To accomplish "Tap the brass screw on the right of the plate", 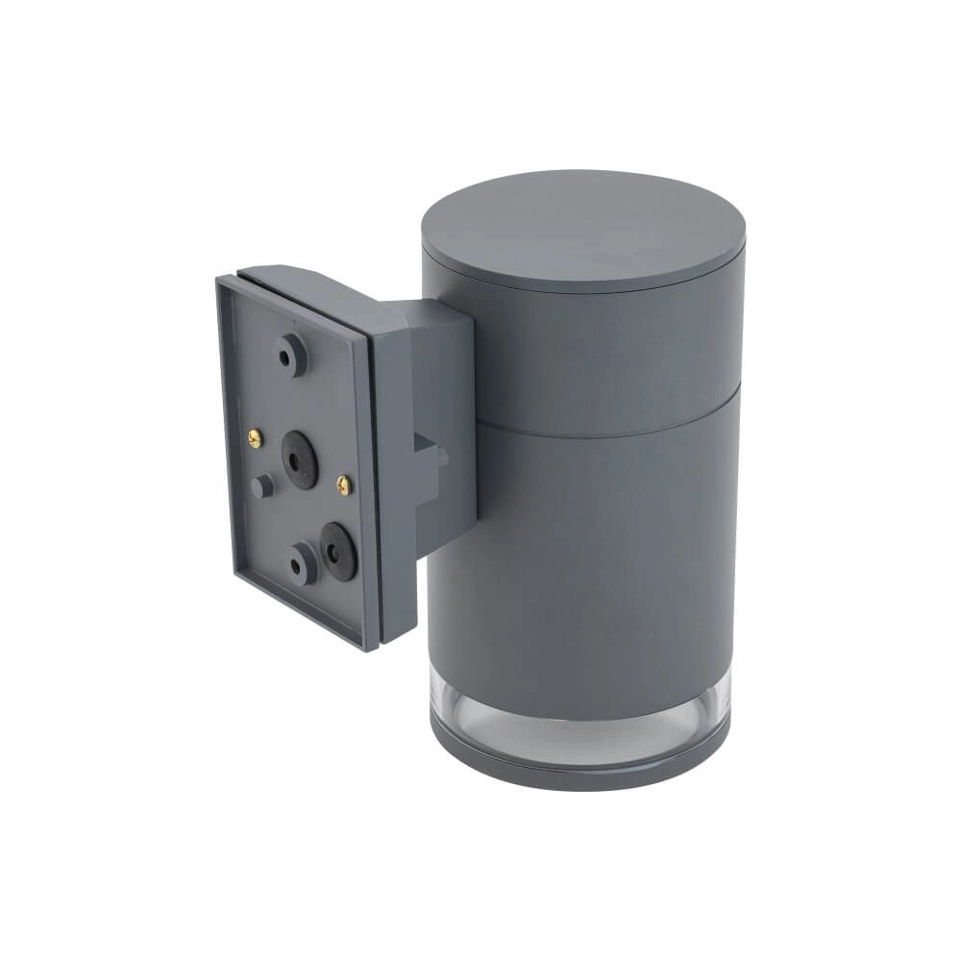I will tap(344, 484).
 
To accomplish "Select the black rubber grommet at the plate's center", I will tap(300, 460).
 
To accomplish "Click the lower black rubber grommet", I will tap(338, 551).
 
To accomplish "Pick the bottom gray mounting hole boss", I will tap(301, 562).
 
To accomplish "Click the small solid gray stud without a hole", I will tap(261, 486).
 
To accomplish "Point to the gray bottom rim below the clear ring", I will tap(577, 769).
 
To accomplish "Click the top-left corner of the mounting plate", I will tap(220, 280).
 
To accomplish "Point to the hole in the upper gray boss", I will tap(286, 355).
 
